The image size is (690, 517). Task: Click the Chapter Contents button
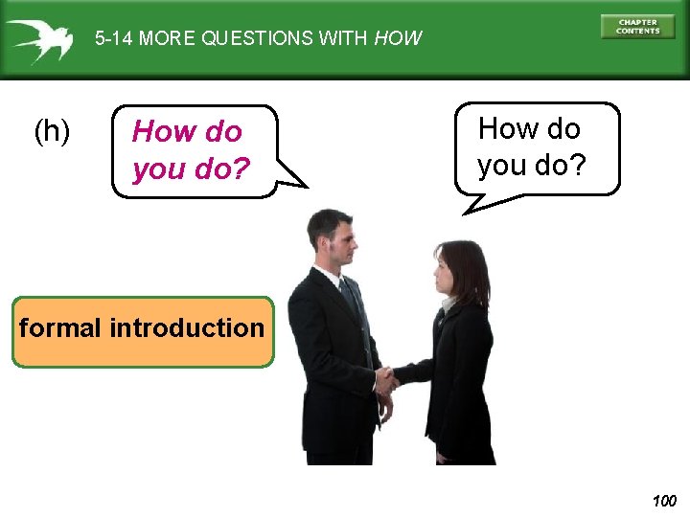(637, 27)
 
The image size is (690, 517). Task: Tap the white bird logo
(39, 40)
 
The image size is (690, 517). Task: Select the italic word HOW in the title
(398, 39)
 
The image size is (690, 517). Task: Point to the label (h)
(52, 131)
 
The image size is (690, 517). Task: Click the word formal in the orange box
(60, 328)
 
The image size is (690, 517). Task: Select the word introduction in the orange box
(187, 328)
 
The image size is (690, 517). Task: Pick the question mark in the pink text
(241, 170)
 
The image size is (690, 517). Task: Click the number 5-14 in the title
(113, 39)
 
